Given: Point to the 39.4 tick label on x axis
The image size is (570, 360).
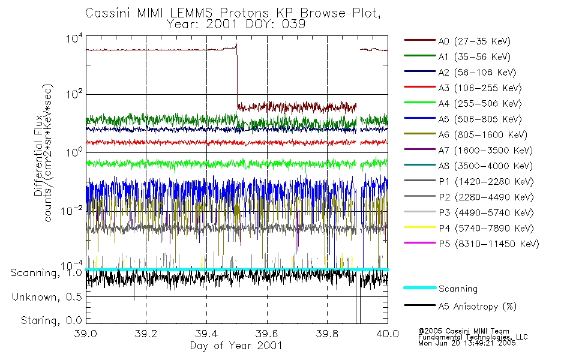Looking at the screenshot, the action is click(207, 334).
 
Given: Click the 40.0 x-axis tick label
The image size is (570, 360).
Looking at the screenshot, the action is click(388, 334).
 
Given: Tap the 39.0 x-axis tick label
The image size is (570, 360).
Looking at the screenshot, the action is click(86, 334).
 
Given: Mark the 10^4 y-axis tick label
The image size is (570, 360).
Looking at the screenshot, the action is click(74, 38).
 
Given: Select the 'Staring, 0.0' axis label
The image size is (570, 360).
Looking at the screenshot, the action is click(51, 320).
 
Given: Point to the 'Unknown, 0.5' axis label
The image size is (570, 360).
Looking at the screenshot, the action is click(47, 297).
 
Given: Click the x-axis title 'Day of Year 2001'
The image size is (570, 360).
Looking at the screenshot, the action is click(236, 346).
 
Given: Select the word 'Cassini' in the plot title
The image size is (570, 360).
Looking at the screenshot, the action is click(109, 13).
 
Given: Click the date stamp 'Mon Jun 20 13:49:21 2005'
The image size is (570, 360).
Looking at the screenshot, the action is click(467, 343).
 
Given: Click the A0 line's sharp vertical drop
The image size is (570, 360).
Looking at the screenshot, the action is click(237, 76).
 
